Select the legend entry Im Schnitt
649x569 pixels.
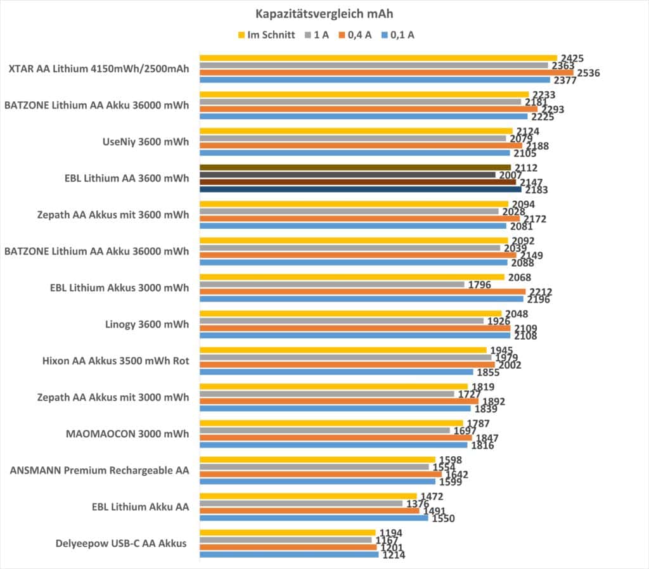click(266, 35)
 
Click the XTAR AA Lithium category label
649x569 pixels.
click(99, 68)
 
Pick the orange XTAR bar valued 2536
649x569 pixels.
click(387, 72)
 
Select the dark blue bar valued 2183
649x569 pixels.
click(361, 189)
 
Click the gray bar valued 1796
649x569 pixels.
click(332, 284)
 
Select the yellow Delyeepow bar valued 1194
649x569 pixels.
click(288, 532)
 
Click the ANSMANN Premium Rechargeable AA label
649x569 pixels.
click(100, 470)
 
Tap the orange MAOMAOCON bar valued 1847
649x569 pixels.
click(336, 437)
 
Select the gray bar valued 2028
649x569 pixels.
click(349, 211)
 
